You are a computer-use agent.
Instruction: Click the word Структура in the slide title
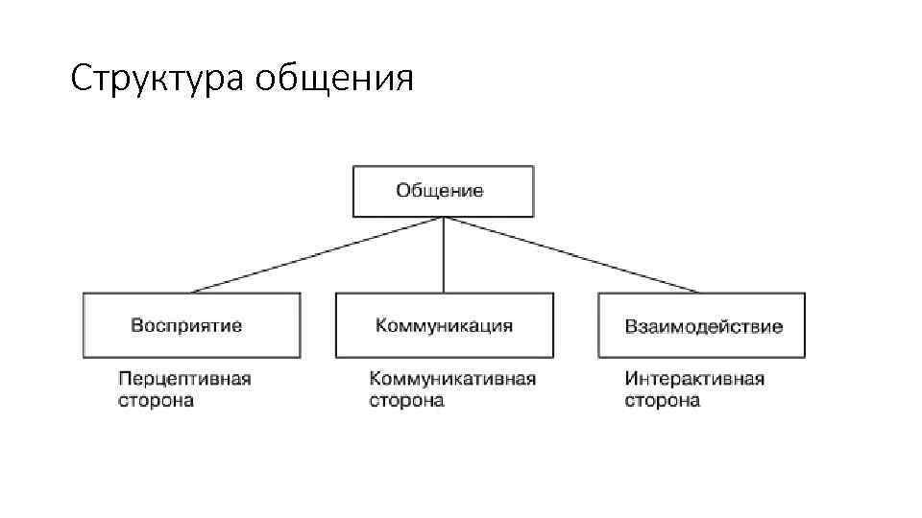[158, 79]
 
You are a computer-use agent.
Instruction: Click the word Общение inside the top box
[440, 190]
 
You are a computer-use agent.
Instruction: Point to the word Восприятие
[186, 325]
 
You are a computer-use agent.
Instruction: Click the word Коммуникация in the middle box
[444, 325]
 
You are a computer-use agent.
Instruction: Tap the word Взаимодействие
[703, 326]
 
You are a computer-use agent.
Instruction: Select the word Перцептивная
[184, 378]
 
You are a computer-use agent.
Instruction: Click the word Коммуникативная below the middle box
[452, 378]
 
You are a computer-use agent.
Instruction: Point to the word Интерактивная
[694, 378]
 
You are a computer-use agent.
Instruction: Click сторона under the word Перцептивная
[156, 400]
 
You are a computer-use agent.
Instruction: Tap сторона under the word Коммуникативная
[406, 400]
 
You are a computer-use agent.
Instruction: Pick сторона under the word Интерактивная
[662, 400]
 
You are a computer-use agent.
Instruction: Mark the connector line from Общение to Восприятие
[317, 255]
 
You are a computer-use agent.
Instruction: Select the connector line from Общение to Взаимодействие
[571, 255]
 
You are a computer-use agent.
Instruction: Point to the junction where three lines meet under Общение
[443, 219]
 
